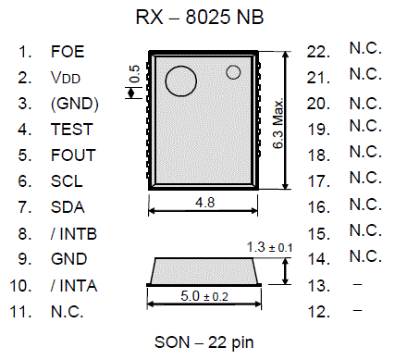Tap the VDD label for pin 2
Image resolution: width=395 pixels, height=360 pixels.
click(68, 78)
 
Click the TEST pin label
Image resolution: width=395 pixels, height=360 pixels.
click(71, 130)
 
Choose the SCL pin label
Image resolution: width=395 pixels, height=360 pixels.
click(67, 181)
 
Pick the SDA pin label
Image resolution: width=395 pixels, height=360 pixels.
click(68, 207)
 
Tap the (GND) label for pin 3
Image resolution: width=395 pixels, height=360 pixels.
click(75, 104)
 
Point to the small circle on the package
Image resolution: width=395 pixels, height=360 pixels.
click(233, 71)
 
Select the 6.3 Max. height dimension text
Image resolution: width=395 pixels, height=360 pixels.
click(279, 121)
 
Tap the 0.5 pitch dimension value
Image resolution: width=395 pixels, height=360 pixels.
click(135, 74)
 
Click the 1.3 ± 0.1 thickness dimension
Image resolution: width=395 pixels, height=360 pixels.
click(270, 247)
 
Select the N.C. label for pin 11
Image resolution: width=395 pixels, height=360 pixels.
click(68, 311)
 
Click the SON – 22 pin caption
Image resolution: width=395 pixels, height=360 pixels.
click(204, 342)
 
